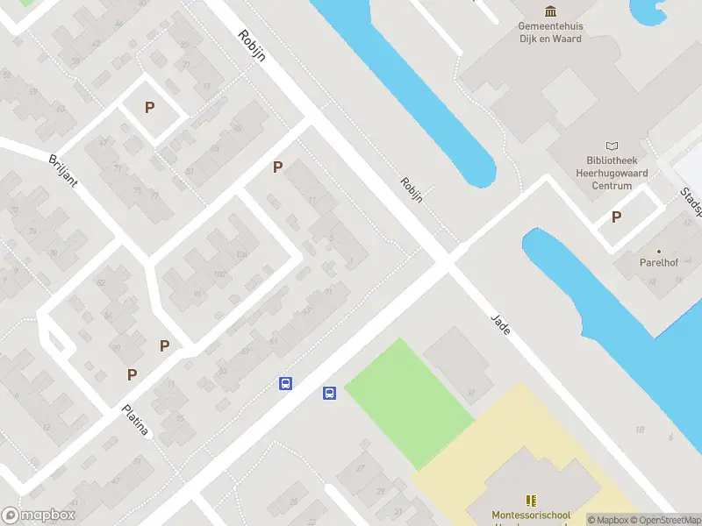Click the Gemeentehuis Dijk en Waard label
(550, 32)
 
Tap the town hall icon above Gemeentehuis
(550, 11)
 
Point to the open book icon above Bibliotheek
(612, 146)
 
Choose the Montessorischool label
(530, 515)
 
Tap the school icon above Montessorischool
(530, 500)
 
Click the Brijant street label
(64, 169)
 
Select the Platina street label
(135, 420)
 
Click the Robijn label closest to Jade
(412, 189)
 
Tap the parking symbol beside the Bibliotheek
(617, 217)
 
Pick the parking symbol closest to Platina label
(132, 374)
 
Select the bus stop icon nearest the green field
(330, 393)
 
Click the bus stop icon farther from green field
(285, 383)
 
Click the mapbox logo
(39, 515)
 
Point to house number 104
(242, 255)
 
